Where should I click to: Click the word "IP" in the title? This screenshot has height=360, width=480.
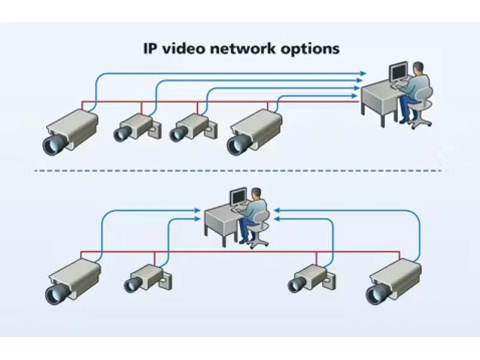(x=151, y=49)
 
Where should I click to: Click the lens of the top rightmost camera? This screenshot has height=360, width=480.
(x=238, y=143)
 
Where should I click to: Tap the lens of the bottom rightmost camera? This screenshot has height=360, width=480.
(x=377, y=293)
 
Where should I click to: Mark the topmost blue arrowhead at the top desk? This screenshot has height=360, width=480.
(x=362, y=74)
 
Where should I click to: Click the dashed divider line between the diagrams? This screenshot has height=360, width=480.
(x=240, y=171)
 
